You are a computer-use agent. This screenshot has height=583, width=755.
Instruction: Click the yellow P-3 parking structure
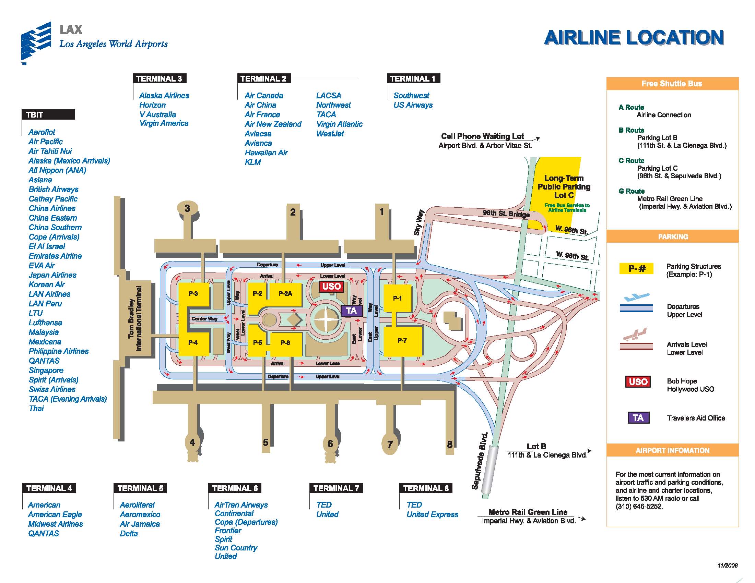point(193,294)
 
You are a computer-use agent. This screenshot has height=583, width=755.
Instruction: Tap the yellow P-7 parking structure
point(402,341)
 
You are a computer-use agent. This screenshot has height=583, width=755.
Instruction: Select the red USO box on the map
point(331,286)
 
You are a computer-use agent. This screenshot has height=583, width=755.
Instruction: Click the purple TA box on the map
point(351,311)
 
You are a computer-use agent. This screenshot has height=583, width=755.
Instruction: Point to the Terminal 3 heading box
point(160,79)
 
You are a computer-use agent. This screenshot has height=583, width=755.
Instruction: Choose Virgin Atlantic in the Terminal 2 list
point(339,124)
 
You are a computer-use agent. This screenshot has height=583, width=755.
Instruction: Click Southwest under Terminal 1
point(411,96)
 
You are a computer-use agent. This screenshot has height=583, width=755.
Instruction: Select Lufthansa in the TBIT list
point(45,323)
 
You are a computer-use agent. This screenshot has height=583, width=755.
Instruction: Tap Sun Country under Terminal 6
point(236,548)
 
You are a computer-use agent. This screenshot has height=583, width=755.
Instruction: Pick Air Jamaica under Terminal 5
point(140,524)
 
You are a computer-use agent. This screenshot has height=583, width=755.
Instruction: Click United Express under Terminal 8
point(432,514)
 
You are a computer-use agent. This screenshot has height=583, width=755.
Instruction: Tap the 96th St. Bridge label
point(506,214)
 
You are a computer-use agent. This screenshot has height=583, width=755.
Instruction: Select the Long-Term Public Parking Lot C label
point(564,187)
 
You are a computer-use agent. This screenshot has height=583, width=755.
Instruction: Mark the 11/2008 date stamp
point(727,566)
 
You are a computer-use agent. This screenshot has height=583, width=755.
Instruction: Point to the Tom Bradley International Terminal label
point(135,318)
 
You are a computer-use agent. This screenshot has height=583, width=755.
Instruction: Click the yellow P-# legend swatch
point(636,268)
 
